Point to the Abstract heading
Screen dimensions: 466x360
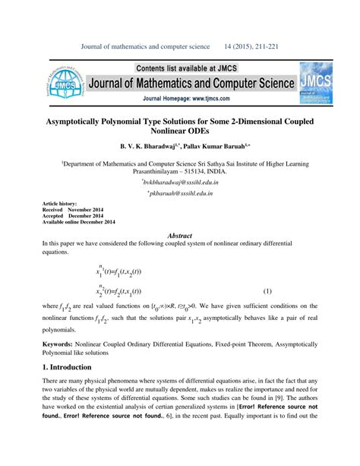[x=179, y=236]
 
